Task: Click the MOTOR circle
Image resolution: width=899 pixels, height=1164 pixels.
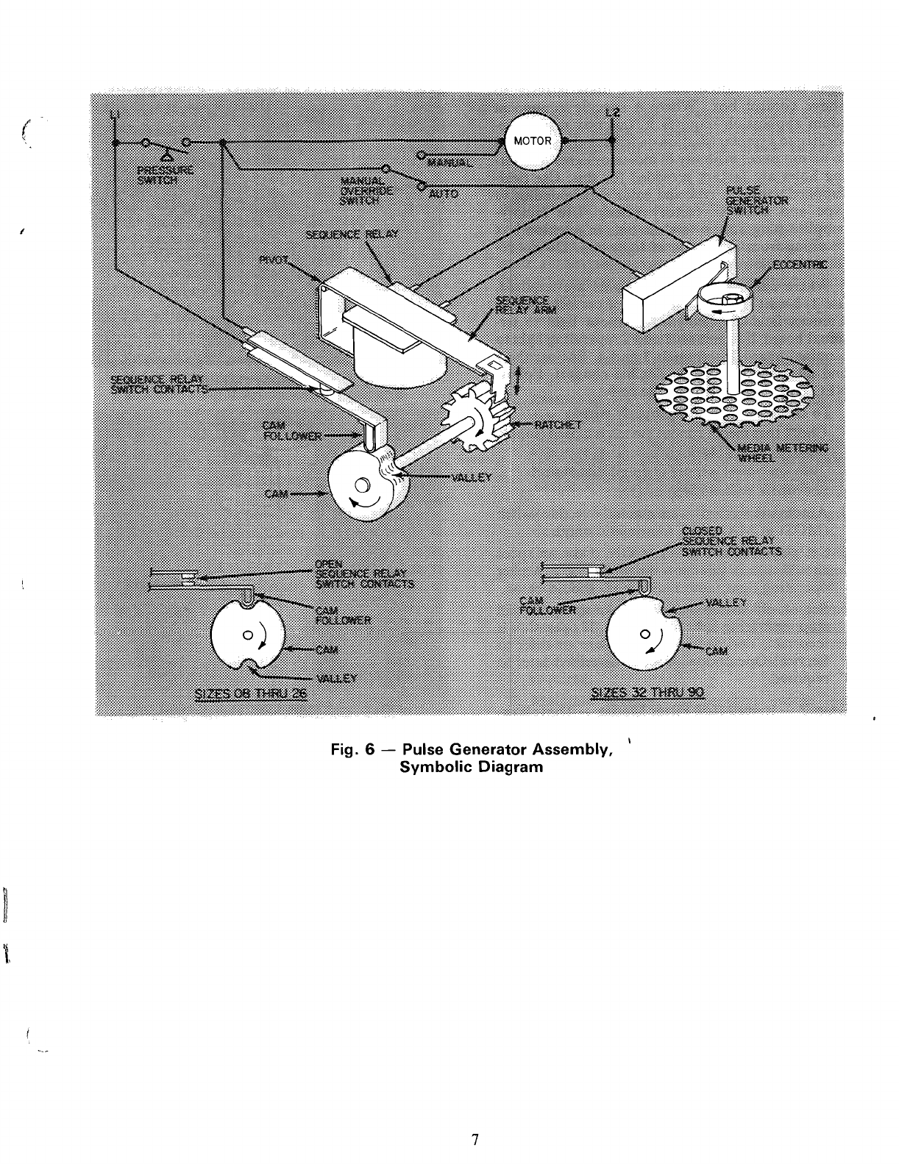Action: [x=532, y=141]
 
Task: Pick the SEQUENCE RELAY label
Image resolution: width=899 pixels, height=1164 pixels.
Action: [x=352, y=235]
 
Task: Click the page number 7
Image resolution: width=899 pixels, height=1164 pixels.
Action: [x=475, y=1140]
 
